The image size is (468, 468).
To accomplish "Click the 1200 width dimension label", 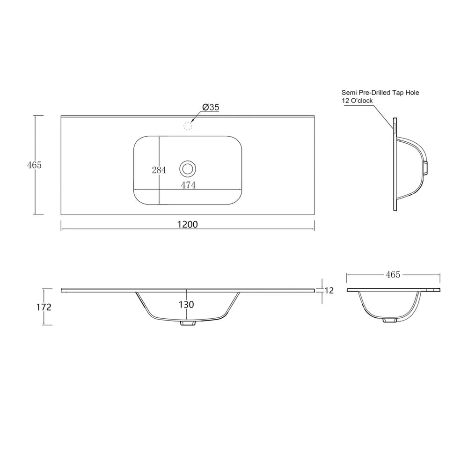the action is (188, 224).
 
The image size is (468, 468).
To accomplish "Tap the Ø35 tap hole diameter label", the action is (211, 107).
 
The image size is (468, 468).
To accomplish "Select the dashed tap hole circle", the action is (188, 126).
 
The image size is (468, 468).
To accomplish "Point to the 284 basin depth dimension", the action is (159, 170).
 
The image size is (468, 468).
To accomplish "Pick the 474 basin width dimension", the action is (188, 185).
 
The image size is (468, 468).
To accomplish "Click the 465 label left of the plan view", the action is (34, 165).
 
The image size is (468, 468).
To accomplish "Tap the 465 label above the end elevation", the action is (393, 275).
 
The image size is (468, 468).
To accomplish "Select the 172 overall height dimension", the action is (44, 307).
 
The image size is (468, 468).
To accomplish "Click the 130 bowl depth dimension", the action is (186, 305).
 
